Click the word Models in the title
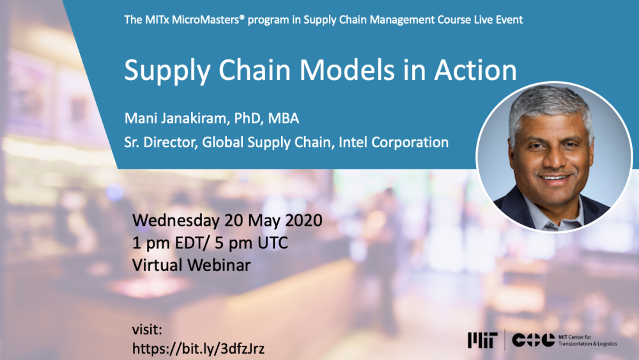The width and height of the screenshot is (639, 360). pos(347,70)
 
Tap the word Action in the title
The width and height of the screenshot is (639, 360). pos(475,70)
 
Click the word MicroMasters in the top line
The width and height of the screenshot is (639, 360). pos(208,20)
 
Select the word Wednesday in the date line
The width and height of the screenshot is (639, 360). pos(176,221)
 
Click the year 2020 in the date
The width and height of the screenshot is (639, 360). pos(304,221)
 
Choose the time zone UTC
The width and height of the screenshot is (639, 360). pos(273,243)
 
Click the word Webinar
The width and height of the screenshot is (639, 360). pos(219,265)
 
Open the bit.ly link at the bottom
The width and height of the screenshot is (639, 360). pos(199,348)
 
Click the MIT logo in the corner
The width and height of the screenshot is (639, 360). pos(482,340)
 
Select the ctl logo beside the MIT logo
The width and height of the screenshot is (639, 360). pos(534,340)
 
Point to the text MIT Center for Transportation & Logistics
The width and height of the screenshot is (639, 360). pos(588,340)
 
